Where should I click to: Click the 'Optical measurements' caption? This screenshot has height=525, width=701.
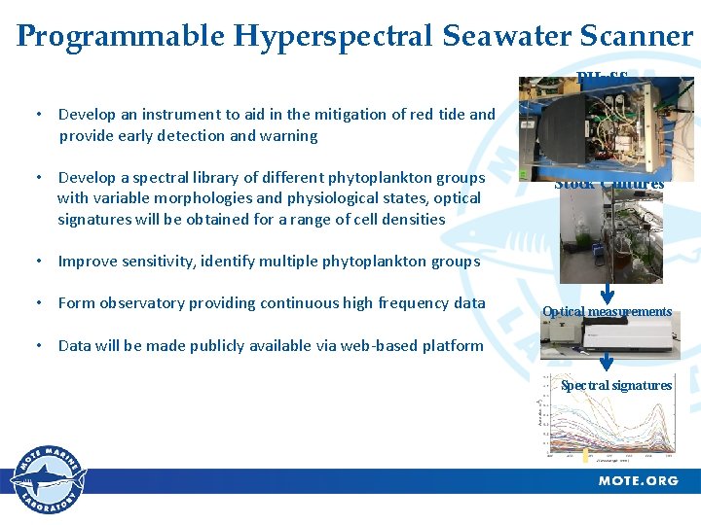[607, 312]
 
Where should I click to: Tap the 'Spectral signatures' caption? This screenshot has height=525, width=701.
[615, 385]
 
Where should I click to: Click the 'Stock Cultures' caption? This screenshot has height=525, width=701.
[609, 184]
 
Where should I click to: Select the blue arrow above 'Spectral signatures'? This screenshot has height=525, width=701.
[607, 363]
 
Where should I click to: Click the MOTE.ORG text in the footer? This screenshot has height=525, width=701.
[638, 481]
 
